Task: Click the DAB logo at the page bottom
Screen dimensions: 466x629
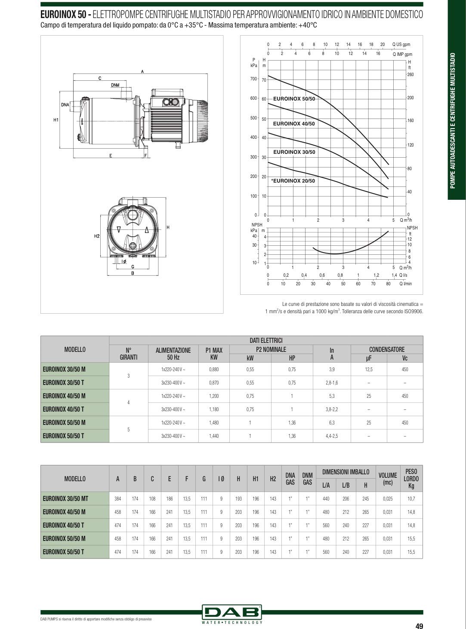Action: [x=231, y=613]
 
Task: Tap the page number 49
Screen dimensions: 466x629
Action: [x=419, y=626]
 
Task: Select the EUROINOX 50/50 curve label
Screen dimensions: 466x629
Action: [x=294, y=99]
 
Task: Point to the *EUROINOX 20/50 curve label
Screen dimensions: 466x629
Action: [x=293, y=180]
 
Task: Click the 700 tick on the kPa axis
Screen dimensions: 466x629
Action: [x=253, y=79]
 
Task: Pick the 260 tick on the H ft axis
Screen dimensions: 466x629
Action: [x=410, y=75]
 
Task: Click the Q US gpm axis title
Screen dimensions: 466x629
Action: [x=401, y=45]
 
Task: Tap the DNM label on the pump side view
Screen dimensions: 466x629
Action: [x=115, y=85]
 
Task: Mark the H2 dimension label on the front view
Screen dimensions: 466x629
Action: [x=97, y=236]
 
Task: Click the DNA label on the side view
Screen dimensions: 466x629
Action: [x=65, y=105]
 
